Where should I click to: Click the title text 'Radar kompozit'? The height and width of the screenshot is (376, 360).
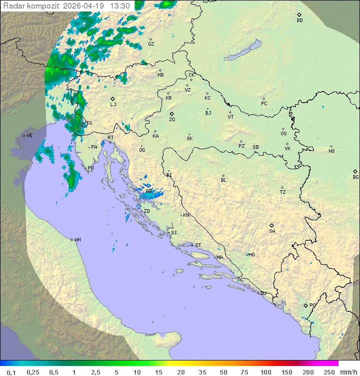coord(31,6)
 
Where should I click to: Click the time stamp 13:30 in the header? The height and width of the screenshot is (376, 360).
coord(120,6)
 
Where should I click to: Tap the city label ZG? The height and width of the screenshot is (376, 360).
coord(172,120)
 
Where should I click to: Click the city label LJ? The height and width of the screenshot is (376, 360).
coord(113,104)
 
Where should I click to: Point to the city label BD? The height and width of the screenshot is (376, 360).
coord(299,21)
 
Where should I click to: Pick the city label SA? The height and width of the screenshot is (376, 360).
coord(272,231)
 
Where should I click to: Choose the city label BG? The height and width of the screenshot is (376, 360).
coord(355,177)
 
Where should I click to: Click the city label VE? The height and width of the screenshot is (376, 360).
coord(29,136)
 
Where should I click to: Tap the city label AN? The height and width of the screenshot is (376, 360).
coord(77,240)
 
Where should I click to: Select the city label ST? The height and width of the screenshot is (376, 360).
coord(198,245)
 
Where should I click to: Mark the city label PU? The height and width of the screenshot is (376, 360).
coord(90,168)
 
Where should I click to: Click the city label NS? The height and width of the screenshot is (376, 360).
coord(331,151)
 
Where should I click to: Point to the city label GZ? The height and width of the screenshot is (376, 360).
coord(151,44)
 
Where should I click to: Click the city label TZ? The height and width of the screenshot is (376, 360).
coord(283,192)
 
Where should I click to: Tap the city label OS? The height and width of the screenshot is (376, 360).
coord(283,133)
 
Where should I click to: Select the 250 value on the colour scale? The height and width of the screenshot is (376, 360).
coord(328,372)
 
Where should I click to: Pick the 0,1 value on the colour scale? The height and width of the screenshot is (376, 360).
coord(10,372)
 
